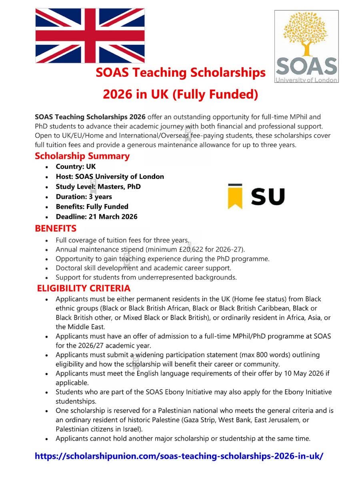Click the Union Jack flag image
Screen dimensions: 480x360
[x=90, y=36]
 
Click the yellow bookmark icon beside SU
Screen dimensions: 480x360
[x=235, y=196]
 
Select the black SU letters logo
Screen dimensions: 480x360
[x=268, y=197]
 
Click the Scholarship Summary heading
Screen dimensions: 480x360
[x=82, y=156]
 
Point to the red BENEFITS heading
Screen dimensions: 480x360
[x=56, y=229]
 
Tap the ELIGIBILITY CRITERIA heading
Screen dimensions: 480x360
[x=84, y=288]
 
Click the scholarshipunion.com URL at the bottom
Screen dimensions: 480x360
[x=179, y=456]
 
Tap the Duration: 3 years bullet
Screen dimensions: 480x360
[x=84, y=197]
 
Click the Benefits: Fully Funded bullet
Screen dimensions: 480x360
[x=92, y=207]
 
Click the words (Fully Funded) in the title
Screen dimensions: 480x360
[x=216, y=94]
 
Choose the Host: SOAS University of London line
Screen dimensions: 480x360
[x=110, y=177]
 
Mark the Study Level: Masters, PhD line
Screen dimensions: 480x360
[x=98, y=187]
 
